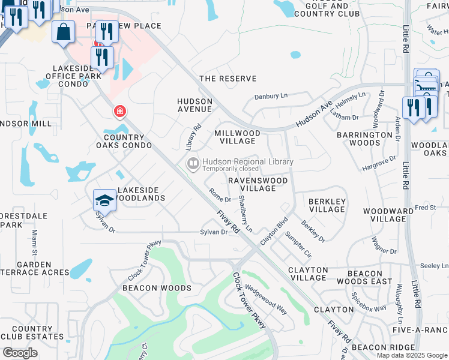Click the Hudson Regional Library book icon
[193, 163]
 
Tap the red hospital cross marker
[120, 111]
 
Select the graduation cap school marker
[104, 200]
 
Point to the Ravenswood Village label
[258, 184]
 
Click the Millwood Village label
[238, 137]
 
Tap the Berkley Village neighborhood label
[327, 205]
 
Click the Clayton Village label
[308, 274]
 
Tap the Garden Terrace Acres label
[35, 268]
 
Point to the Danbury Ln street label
[271, 96]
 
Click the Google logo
[20, 353]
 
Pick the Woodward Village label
[388, 215]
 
